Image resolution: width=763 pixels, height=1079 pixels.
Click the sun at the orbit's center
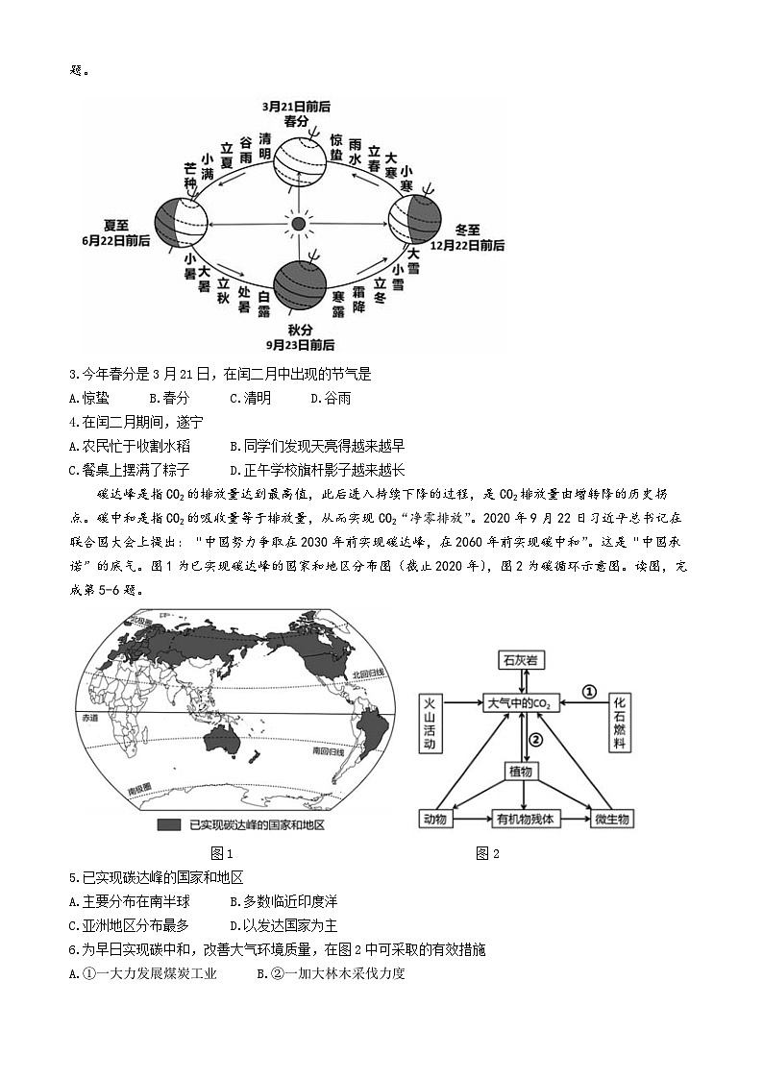[298, 223]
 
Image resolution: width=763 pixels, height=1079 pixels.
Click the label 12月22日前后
[467, 245]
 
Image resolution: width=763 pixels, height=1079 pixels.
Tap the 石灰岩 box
[521, 660]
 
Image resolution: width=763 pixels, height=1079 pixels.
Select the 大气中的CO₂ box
[520, 703]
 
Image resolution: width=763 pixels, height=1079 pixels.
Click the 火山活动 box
[431, 724]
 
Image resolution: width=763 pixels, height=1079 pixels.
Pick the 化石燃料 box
[620, 724]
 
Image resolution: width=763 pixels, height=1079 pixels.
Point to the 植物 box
[521, 771]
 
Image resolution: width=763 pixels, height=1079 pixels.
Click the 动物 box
[435, 819]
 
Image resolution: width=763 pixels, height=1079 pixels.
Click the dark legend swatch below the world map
[170, 824]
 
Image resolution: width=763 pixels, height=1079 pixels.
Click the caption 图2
[488, 852]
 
